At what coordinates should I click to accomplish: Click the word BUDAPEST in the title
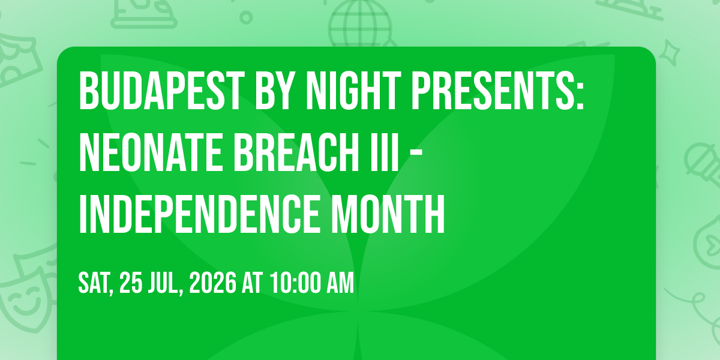160,91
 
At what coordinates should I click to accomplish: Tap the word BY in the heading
278,91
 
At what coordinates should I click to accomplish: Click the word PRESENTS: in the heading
497,91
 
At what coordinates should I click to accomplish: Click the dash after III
416,155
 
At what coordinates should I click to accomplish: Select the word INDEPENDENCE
199,214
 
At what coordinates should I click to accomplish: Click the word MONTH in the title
388,214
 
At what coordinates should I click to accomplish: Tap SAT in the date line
95,283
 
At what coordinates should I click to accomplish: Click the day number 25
131,283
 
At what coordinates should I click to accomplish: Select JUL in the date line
164,283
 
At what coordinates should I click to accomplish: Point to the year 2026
212,283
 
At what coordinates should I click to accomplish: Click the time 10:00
295,283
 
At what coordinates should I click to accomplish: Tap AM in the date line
340,283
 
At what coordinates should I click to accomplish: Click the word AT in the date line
253,283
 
